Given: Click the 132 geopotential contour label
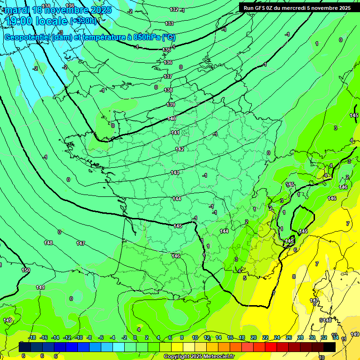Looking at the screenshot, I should coord(174,9).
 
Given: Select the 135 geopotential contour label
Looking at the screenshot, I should coord(166,50).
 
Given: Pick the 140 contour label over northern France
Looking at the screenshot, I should coord(172,119).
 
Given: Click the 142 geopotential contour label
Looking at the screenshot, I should coord(180,149).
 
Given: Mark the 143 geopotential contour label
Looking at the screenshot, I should coord(175,173).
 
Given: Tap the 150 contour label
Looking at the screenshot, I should coord(26,270).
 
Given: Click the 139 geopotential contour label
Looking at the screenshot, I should coord(171,105).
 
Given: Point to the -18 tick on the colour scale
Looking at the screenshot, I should coord(32,337).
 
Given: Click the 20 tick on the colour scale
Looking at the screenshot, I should coord(253,337).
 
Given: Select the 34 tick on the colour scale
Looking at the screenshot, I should coord(335,337).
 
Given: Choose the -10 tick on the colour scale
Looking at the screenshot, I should coord(78,337).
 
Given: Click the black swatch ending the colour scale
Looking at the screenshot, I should coord(329,347).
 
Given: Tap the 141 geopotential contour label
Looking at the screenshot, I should coord(175,133).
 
